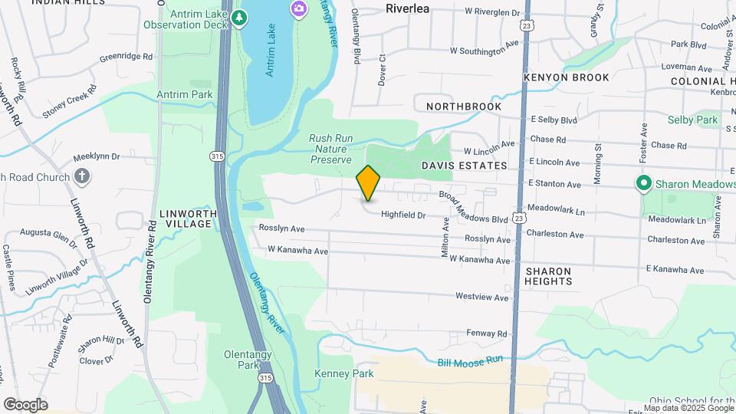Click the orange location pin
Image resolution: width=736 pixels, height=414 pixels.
pos(369,182)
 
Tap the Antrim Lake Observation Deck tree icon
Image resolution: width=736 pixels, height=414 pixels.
pos(240,17)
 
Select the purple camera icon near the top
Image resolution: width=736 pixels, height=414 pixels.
pos(298,9)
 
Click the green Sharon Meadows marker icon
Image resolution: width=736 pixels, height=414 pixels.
pos(644,183)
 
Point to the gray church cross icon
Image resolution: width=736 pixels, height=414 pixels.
pos(83,177)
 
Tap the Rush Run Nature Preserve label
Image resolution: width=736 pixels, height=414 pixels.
pos(330,149)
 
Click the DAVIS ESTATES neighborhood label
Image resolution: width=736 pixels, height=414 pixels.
pos(464,166)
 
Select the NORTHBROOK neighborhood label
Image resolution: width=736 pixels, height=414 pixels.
pos(464,107)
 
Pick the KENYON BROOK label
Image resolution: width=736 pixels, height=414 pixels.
pos(566,77)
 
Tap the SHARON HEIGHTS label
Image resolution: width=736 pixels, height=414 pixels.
pos(549,277)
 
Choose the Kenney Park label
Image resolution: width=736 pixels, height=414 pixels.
pos(343,373)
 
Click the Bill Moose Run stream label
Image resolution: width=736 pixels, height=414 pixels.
pos(470,360)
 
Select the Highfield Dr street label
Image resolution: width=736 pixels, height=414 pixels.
pos(403,216)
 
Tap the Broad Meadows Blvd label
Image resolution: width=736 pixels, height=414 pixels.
pos(473,207)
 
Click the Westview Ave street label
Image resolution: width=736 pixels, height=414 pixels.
pos(482,297)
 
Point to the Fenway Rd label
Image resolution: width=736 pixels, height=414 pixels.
pos(487,334)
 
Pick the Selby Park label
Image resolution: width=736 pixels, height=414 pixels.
pos(692,120)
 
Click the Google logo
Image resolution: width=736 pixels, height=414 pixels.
pos(25,405)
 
